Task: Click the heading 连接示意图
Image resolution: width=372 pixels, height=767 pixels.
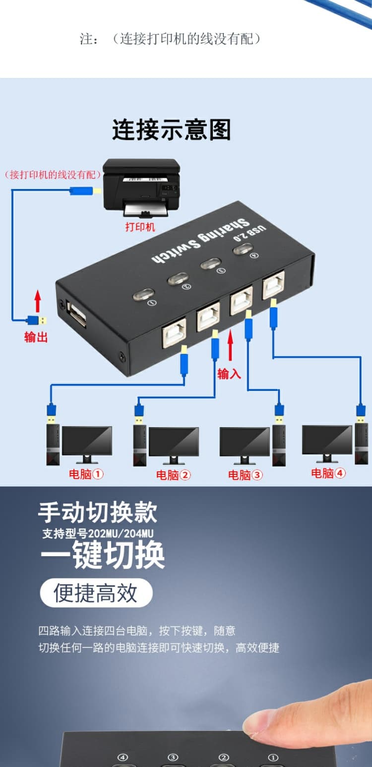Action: coord(171,130)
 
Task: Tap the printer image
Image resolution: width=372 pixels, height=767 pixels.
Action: coord(141,187)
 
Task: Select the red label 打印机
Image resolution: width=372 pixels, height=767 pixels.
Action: coord(140,227)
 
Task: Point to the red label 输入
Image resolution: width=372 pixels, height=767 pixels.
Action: coord(229,374)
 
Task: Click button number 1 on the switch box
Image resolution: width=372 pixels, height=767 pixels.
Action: coord(143,295)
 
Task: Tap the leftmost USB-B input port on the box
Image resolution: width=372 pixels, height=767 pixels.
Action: coord(174,332)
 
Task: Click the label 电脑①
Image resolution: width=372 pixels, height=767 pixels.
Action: coord(86,474)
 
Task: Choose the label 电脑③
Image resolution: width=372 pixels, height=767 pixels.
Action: coord(245,475)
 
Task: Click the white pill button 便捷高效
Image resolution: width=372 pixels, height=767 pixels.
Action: coord(96,593)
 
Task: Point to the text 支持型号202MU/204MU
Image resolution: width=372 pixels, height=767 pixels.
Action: coord(98,534)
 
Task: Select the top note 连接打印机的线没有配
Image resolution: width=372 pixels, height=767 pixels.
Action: coord(170,39)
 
